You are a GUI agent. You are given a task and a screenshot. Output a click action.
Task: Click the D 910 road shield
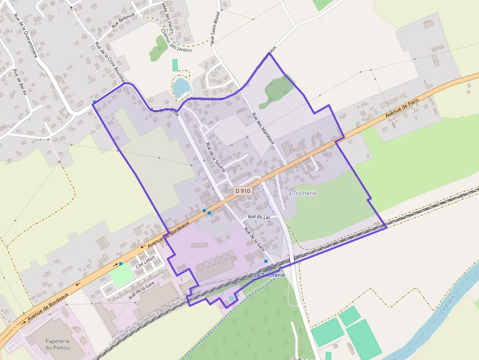242,191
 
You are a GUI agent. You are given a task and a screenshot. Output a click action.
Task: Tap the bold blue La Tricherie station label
269,275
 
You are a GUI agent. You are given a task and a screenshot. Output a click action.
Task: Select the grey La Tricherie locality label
301,193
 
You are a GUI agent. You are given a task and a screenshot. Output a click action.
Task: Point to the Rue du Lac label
259,216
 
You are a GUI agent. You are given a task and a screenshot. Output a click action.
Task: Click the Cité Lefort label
145,262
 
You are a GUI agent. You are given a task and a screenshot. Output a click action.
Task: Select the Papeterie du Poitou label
57,344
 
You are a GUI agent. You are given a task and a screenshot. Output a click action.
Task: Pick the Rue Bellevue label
123,21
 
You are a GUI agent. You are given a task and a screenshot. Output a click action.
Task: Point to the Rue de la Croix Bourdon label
110,62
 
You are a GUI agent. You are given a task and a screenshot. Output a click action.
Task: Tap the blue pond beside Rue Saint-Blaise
181,86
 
